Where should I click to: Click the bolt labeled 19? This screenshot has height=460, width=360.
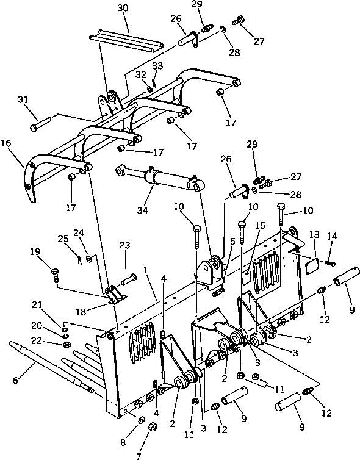click(x=55, y=275)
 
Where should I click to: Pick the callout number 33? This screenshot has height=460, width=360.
click(x=157, y=66)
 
